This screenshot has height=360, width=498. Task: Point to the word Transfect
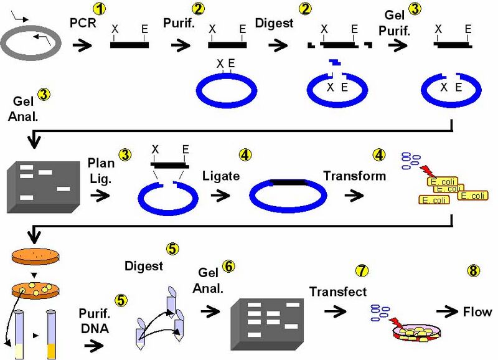point(338,291)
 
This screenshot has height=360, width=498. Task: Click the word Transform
point(354,176)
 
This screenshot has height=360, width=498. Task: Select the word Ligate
point(221,176)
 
